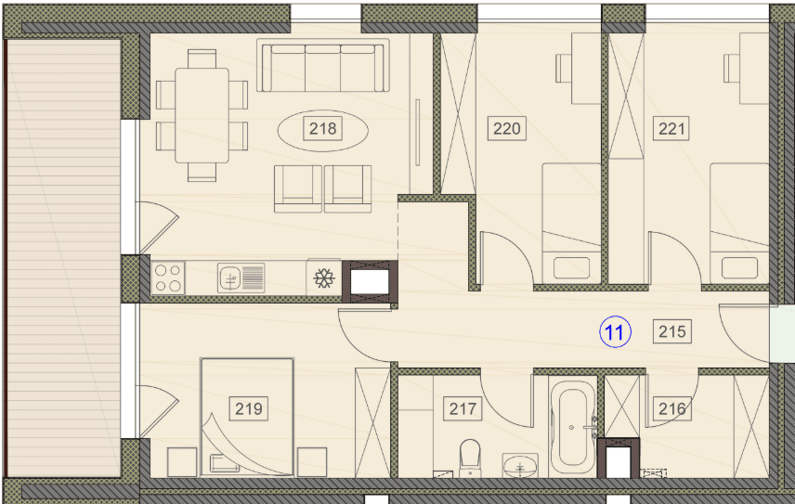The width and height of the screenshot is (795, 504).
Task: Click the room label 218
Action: [x=323, y=129]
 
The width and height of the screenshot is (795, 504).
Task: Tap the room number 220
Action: [x=506, y=129]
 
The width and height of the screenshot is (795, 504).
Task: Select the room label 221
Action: [x=671, y=129]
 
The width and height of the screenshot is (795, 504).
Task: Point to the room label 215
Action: [x=672, y=331]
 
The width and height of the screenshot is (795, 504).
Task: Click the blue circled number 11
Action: [x=615, y=332]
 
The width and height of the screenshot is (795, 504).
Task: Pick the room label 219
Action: [x=249, y=408]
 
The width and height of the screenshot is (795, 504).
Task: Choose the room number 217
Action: [x=463, y=408]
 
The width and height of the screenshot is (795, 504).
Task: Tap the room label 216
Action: [x=672, y=408]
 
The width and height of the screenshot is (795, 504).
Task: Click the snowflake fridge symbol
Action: [x=323, y=278]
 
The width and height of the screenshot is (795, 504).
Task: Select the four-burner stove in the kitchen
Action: [x=168, y=278]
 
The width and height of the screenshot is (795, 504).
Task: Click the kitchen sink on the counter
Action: [x=241, y=278]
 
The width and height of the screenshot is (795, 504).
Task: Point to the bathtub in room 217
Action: [x=572, y=427]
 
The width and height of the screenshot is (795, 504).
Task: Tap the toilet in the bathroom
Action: [x=470, y=458]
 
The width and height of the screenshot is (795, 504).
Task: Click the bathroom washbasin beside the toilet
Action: [x=520, y=465]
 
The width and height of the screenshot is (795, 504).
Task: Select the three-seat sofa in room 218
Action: [x=323, y=65]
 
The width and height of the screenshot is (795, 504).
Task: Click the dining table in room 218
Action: [x=202, y=115]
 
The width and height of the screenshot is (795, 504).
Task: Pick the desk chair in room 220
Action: [x=564, y=68]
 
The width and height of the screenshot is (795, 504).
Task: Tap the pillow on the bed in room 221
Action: [x=739, y=267]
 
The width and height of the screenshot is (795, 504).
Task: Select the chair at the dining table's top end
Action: [x=202, y=58]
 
